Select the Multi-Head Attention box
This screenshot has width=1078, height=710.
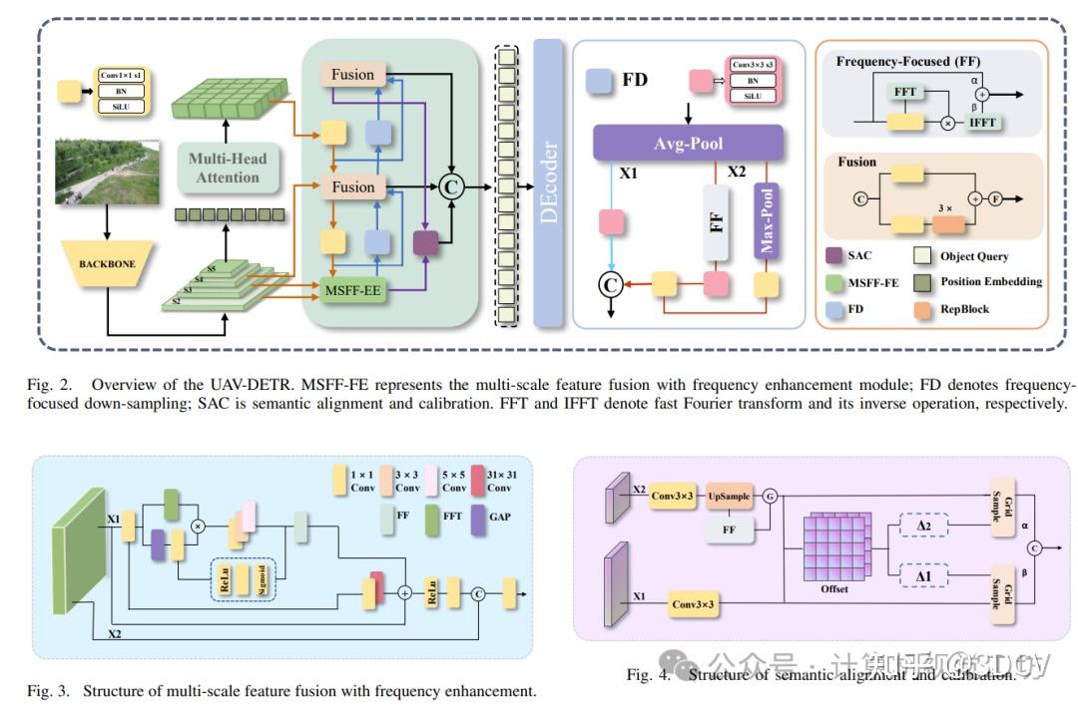(x=228, y=167)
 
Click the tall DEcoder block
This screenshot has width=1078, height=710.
(x=548, y=182)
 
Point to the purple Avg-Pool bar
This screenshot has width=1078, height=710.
(x=689, y=142)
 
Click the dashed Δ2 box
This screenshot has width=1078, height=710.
(x=921, y=525)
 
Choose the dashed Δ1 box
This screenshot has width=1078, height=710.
(x=921, y=576)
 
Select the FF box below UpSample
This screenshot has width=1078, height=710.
(x=729, y=530)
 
